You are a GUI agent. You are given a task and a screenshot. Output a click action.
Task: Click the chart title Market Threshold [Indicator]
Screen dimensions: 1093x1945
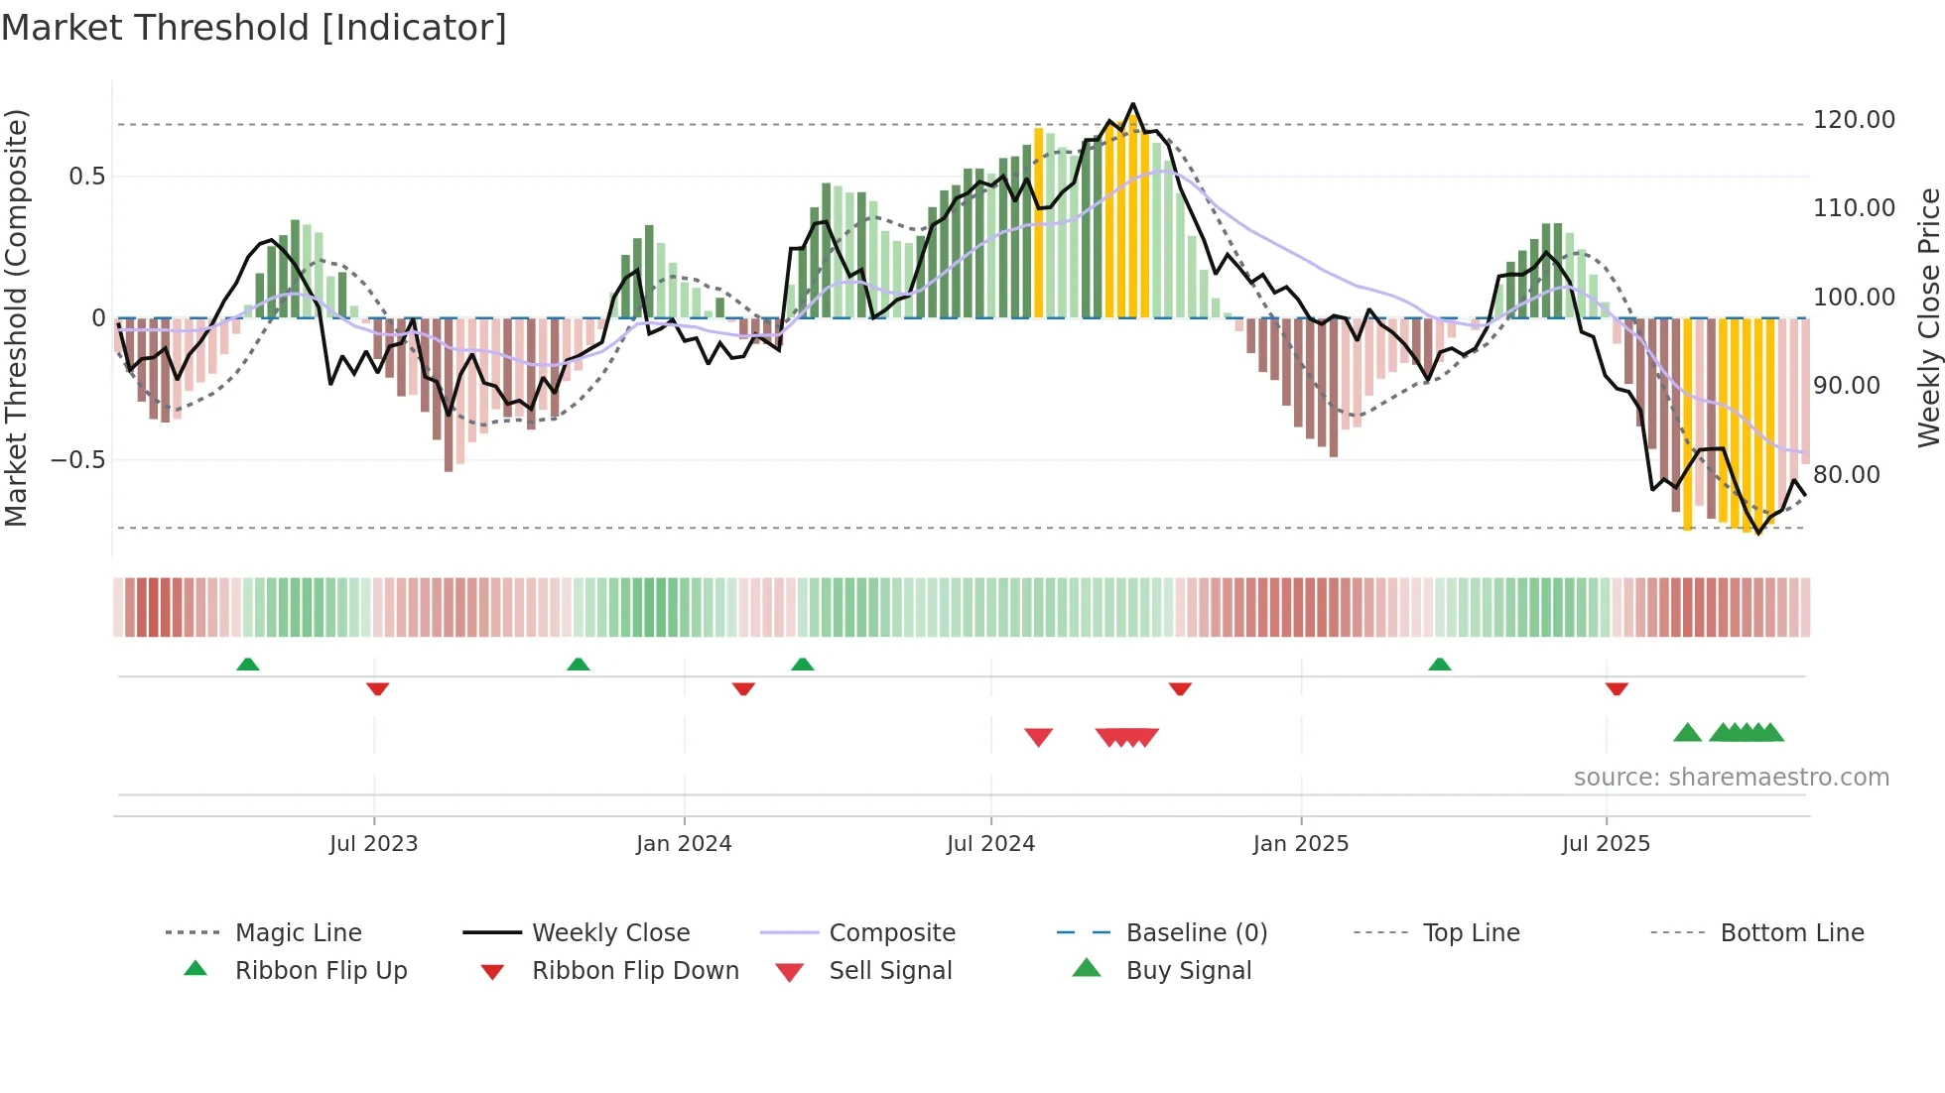pos(254,28)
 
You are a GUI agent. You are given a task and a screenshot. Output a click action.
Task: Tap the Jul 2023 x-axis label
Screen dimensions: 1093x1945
pos(373,844)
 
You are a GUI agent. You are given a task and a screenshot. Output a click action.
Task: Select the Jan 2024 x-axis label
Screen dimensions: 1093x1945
pos(684,844)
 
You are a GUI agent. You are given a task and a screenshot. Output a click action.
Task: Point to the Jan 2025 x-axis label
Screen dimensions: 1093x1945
pos(1300,844)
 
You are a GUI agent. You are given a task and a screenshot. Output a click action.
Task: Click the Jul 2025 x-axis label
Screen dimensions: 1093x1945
pos(1606,844)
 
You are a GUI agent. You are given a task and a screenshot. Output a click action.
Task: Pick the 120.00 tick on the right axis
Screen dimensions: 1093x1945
pos(1854,120)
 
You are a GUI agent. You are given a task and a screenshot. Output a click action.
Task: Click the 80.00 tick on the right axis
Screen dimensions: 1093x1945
pos(1846,475)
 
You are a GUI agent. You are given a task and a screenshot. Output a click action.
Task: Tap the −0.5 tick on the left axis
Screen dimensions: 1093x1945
pos(77,460)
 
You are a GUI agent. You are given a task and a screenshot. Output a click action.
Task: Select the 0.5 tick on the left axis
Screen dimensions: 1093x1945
pos(86,177)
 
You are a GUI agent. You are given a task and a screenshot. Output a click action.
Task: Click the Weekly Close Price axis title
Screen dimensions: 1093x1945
pos(1928,317)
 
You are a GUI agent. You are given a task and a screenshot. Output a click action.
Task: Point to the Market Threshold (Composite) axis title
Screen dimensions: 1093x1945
pos(16,317)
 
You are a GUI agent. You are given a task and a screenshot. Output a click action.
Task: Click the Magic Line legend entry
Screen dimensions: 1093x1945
pos(298,933)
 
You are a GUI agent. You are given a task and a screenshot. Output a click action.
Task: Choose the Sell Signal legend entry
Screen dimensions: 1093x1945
pos(890,971)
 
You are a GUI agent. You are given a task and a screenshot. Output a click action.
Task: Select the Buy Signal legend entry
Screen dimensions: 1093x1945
pos(1188,971)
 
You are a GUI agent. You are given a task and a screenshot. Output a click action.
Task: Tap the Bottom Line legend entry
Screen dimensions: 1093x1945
pos(1791,933)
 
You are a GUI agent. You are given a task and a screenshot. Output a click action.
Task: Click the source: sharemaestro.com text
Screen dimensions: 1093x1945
pos(1731,778)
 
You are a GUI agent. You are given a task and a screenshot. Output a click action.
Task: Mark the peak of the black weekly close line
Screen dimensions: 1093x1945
pos(1133,104)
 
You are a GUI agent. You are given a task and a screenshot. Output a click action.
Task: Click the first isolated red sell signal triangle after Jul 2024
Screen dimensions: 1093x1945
pos(1038,737)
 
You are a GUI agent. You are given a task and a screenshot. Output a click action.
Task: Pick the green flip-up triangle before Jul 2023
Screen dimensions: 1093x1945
pos(248,665)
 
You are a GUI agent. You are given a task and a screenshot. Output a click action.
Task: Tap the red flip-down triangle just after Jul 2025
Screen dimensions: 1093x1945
pos(1617,688)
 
